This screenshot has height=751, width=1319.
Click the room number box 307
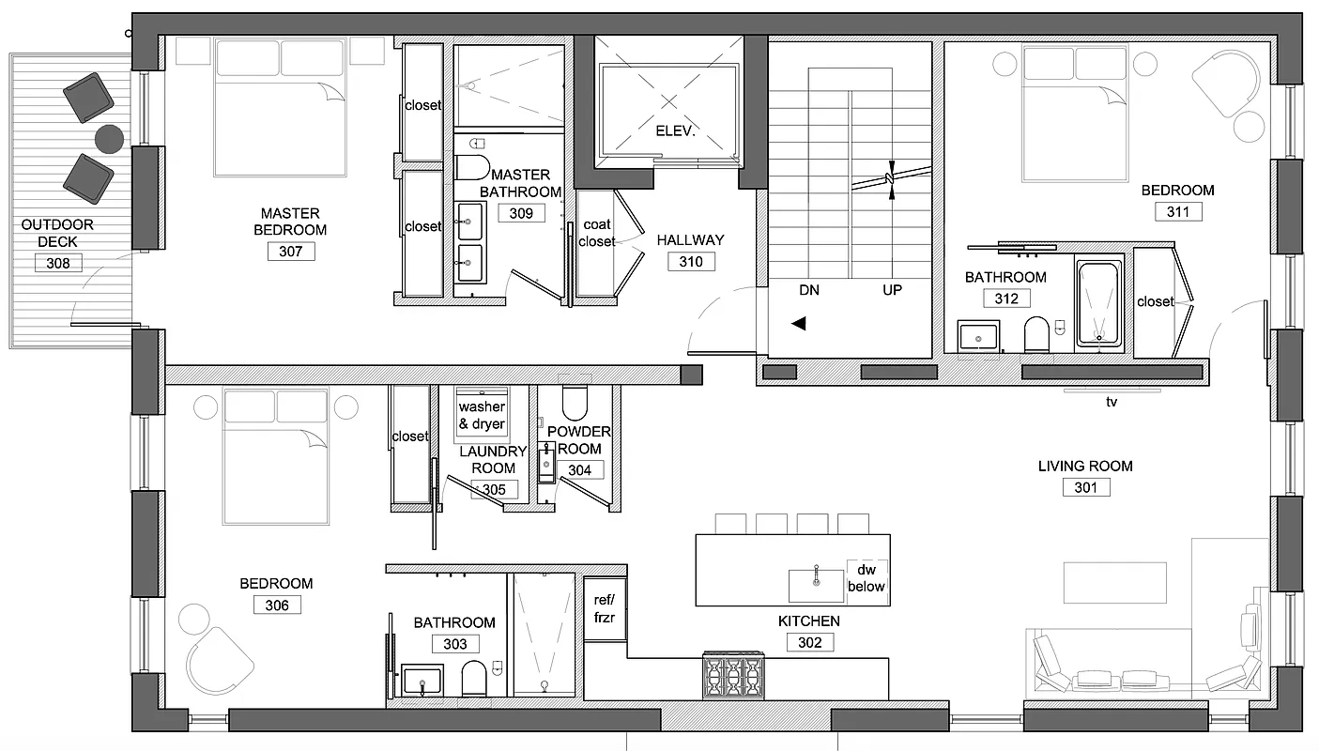click(x=290, y=252)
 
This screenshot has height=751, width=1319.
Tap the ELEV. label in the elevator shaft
click(x=675, y=132)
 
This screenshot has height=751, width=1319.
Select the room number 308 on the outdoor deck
click(x=58, y=264)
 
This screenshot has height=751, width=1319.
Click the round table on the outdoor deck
click(x=109, y=139)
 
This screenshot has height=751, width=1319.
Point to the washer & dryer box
click(x=482, y=414)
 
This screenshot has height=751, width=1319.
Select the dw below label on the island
click(x=866, y=578)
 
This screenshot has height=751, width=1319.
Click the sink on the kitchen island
click(x=816, y=584)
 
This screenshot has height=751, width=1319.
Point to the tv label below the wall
click(x=1112, y=401)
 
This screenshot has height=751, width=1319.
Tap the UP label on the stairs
click(x=892, y=290)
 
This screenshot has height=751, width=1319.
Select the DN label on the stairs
click(x=809, y=290)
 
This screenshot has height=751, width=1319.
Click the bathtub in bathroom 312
click(x=1098, y=302)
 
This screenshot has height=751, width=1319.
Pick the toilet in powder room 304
click(x=575, y=401)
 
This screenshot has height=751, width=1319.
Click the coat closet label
click(x=597, y=233)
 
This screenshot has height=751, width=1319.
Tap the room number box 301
click(x=1086, y=487)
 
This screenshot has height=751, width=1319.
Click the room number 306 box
click(x=277, y=605)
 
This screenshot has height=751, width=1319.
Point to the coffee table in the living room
click(x=1114, y=582)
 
